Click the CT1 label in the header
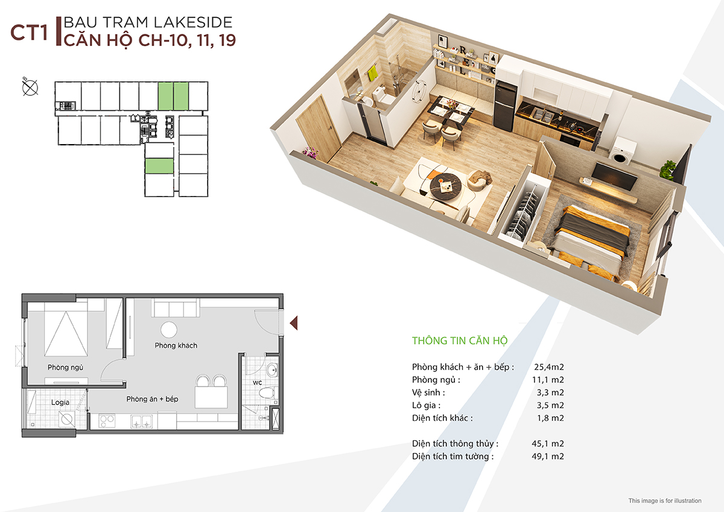(x=29, y=33)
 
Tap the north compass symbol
(x=30, y=87)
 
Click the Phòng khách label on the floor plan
(x=176, y=346)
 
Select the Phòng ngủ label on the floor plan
(x=65, y=368)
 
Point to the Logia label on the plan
(x=60, y=402)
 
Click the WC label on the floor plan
(x=257, y=383)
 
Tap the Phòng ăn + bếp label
(x=152, y=399)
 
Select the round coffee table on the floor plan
(x=169, y=330)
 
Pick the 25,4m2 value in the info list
(x=549, y=367)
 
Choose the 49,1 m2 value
(x=548, y=457)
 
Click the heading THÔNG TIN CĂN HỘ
(x=460, y=341)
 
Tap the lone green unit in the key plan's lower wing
(x=159, y=166)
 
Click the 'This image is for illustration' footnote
(x=664, y=501)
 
